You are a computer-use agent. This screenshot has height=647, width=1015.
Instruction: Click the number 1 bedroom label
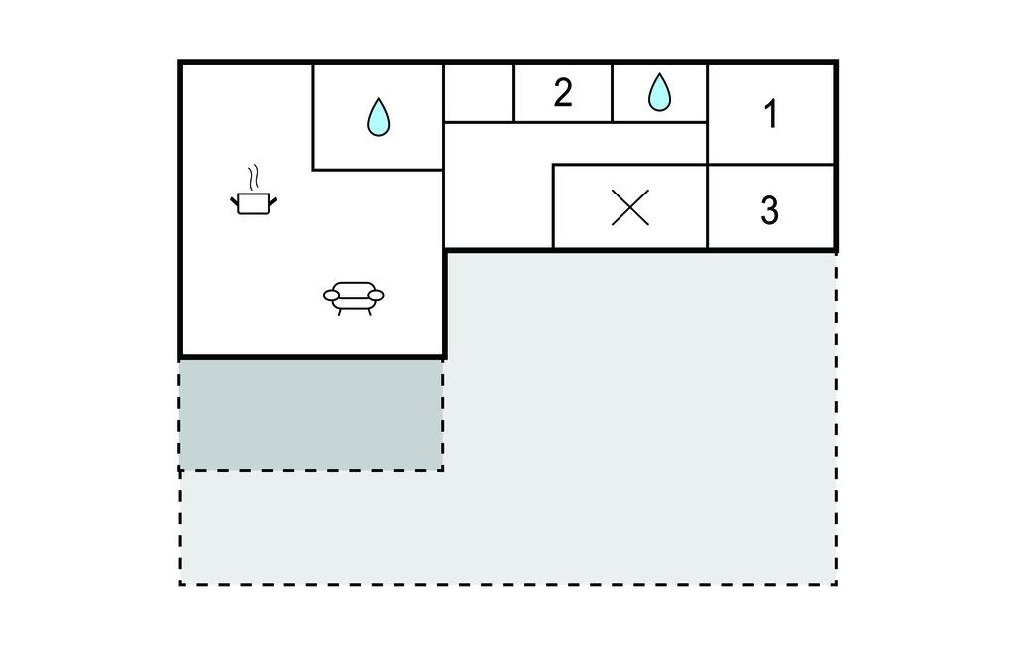[770, 114]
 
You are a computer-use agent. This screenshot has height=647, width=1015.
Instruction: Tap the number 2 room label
[563, 92]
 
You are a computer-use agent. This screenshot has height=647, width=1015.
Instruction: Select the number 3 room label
[769, 210]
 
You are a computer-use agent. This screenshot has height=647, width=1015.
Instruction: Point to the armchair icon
[354, 298]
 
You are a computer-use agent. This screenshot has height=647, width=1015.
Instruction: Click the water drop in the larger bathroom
[378, 117]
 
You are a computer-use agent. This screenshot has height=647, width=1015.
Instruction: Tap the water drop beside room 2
[659, 92]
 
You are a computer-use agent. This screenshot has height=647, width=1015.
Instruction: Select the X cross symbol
[629, 208]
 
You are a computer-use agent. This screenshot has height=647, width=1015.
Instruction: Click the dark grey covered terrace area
[311, 415]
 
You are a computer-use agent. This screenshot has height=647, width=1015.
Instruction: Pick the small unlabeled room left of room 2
[479, 92]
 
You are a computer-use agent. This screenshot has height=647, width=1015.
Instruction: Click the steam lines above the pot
[253, 177]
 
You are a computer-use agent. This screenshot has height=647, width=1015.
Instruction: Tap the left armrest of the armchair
[331, 296]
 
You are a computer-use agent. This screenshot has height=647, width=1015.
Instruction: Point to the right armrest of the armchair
[376, 296]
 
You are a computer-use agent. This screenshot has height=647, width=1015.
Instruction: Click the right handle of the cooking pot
[273, 201]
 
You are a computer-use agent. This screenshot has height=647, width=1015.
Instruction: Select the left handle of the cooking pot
[234, 201]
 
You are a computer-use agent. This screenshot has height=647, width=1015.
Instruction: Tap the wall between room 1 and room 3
[771, 164]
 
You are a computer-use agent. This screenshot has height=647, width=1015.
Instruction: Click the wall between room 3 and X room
[707, 206]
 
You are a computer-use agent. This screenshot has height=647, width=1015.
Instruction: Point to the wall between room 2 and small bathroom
[612, 92]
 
